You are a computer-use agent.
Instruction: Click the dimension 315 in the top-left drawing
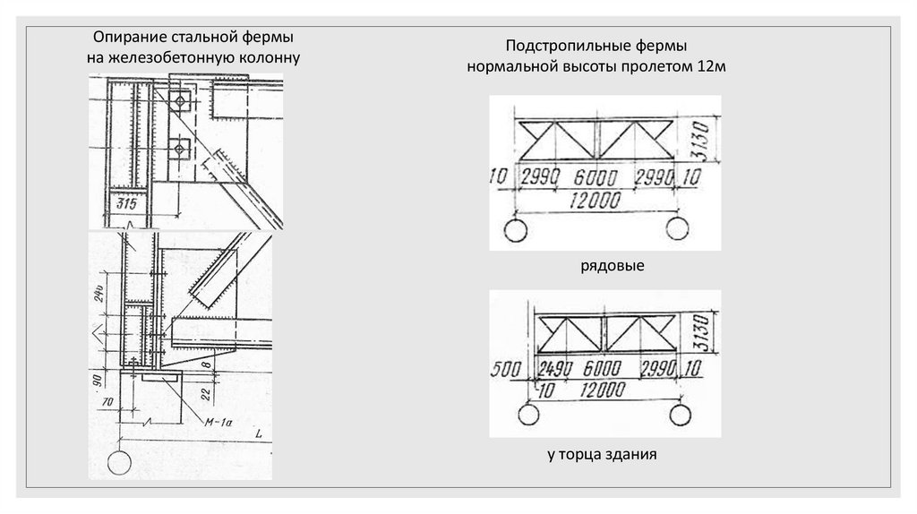(119, 204)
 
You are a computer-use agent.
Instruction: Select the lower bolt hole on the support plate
(182, 147)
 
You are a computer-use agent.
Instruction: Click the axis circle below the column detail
(117, 462)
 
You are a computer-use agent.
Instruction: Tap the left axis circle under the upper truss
(515, 232)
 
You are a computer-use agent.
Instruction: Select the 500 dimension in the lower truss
(507, 369)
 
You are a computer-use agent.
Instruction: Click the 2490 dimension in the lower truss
(556, 369)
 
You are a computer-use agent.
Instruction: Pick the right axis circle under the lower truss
(681, 415)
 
